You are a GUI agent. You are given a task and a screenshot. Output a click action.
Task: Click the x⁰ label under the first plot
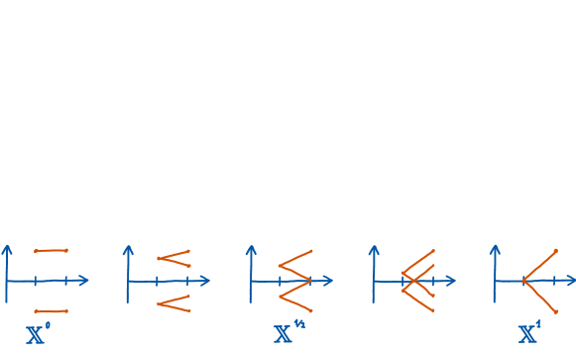36,333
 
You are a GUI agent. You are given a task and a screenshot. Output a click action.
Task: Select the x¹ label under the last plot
528,333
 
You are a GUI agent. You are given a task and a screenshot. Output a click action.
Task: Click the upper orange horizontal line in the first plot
51,251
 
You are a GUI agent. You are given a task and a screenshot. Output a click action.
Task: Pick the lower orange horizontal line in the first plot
51,310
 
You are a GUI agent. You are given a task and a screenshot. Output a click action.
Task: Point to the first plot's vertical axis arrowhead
7,247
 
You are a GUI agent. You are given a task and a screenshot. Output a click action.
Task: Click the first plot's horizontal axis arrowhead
86,281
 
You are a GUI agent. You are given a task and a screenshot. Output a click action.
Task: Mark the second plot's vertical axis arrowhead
129,247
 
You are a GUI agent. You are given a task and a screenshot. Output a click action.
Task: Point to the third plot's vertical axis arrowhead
252,247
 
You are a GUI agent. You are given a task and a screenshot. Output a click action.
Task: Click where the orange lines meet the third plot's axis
310,281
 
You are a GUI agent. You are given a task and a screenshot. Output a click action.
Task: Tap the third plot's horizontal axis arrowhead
331,281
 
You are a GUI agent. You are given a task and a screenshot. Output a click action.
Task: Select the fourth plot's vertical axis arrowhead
374,247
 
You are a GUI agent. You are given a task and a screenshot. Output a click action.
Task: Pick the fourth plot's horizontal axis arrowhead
453,281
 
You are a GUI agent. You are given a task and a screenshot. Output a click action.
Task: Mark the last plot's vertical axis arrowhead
496,247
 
